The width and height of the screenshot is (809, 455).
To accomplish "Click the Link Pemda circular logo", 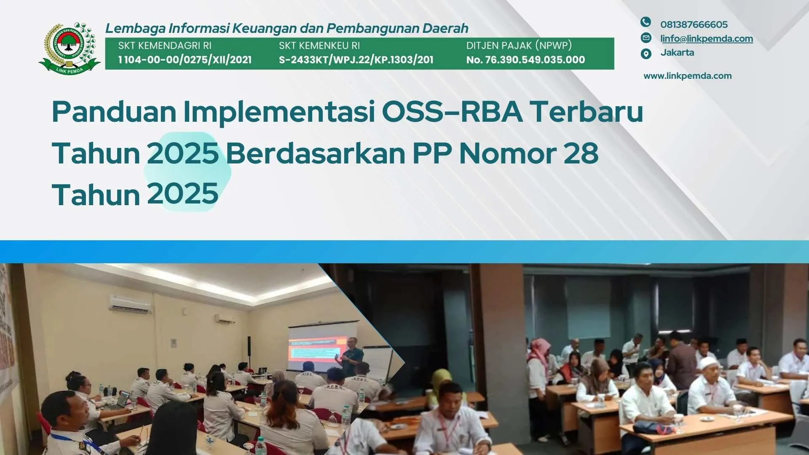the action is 70,48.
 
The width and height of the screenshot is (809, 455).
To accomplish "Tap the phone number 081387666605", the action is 694,24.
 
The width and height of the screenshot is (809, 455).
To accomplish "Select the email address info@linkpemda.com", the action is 707,38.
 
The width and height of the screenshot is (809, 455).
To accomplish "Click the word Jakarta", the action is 677,52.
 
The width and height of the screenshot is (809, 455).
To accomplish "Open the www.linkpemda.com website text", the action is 688,76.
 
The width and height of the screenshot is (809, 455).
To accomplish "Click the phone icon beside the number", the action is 646,22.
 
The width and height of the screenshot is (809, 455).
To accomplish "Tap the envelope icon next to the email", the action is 646,37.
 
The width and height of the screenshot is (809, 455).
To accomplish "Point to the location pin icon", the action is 646,54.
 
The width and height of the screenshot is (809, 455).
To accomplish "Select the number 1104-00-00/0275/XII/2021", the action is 185,60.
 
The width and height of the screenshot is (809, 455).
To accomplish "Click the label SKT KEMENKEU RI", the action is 319,45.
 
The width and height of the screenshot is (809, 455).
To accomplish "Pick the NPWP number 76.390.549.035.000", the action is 535,60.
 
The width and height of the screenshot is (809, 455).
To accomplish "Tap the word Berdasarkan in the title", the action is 315,153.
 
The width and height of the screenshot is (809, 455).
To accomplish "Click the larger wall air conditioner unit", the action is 130,304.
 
